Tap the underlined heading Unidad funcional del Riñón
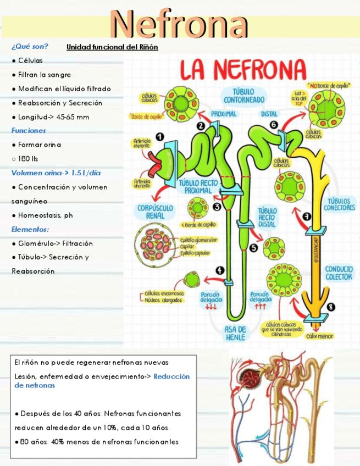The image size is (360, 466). [112, 47]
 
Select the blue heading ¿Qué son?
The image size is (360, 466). [30, 46]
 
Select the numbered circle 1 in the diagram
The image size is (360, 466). [159, 136]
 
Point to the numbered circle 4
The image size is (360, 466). [220, 270]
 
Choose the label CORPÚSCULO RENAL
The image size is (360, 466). [154, 212]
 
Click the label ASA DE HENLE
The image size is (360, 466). [235, 333]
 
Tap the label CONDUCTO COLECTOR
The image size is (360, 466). [339, 273]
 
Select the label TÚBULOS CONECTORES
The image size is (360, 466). [341, 204]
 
